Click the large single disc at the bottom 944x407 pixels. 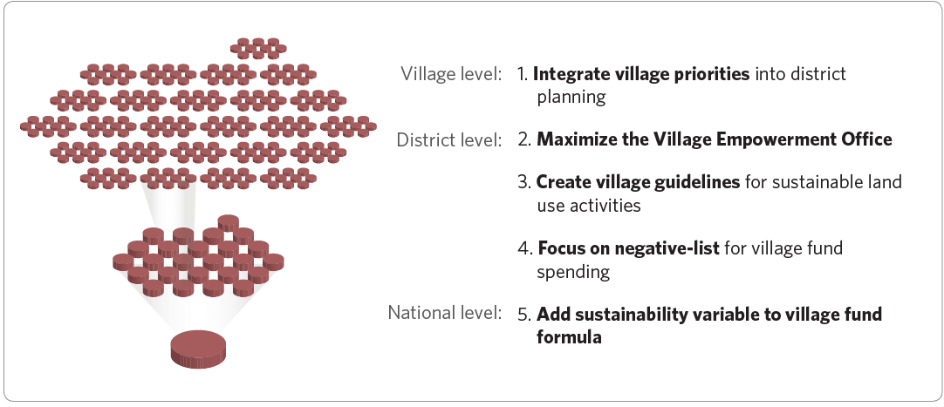[x=199, y=348]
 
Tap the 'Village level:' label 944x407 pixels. [x=451, y=74]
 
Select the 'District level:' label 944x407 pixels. [x=448, y=140]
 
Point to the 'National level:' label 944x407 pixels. [x=444, y=313]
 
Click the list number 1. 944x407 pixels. [x=523, y=74]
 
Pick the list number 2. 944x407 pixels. [x=524, y=139]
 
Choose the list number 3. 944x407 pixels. [x=524, y=181]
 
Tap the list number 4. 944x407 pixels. [x=525, y=248]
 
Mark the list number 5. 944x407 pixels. [x=524, y=315]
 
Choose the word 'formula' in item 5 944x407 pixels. [x=569, y=336]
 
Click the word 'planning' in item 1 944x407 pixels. [x=571, y=98]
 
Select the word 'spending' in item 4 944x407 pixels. [x=573, y=272]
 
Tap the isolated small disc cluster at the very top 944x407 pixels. [x=258, y=48]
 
